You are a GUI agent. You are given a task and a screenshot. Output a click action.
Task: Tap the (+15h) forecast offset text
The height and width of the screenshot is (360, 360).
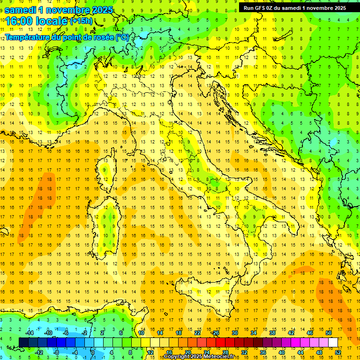(x=81, y=21)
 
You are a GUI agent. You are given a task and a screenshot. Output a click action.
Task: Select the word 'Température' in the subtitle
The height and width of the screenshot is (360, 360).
(x=27, y=37)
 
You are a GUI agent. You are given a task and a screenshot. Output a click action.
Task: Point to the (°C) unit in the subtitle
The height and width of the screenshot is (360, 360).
(x=121, y=37)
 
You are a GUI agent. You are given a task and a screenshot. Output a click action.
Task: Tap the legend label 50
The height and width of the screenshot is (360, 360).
(x=328, y=333)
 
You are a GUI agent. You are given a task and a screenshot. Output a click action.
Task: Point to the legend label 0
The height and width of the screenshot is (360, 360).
(x=93, y=352)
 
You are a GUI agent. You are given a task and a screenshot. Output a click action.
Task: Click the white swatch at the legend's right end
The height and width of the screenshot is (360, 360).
(x=333, y=342)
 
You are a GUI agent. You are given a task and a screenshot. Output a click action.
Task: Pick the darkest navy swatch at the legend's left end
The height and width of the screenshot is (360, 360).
(x=24, y=342)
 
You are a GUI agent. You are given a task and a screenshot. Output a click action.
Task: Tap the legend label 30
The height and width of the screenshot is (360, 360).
(x=234, y=333)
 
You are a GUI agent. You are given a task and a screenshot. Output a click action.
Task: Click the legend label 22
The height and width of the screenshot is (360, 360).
(x=197, y=333)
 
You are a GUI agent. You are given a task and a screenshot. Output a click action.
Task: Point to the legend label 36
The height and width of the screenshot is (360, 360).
(x=263, y=352)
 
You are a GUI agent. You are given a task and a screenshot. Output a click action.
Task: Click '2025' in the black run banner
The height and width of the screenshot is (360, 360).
(x=337, y=7)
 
